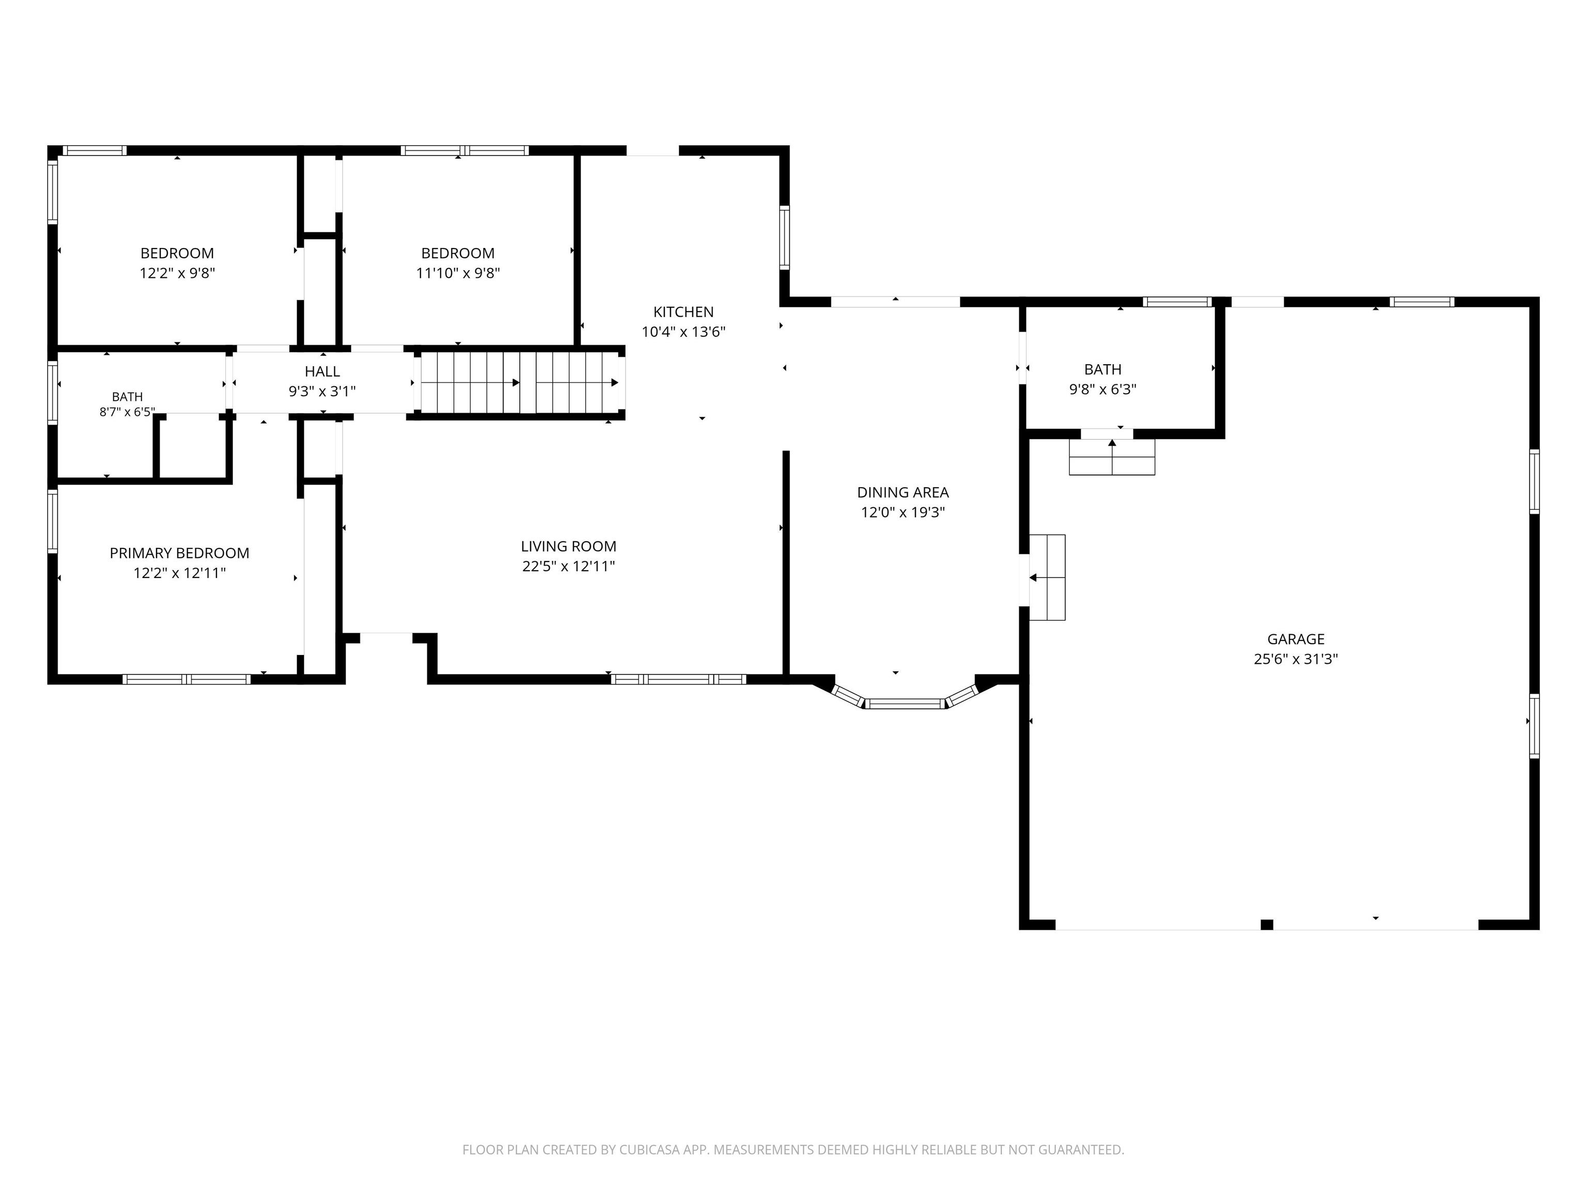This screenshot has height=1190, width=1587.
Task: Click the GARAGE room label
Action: click(1296, 639)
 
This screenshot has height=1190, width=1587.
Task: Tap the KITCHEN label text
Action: click(683, 312)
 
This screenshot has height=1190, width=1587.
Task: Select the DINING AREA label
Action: click(903, 493)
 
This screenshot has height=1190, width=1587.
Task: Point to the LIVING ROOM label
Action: click(568, 546)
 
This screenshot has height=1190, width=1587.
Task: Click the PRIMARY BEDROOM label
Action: click(179, 553)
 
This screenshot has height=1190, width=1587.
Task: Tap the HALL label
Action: click(322, 371)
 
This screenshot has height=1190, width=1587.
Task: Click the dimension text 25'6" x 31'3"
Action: click(1296, 659)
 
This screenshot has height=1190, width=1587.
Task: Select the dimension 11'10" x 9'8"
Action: click(458, 273)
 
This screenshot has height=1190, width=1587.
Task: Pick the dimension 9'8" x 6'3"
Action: click(1103, 389)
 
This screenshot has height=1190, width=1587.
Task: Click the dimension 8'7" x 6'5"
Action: click(127, 412)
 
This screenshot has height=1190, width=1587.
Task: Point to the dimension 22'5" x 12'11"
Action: click(568, 567)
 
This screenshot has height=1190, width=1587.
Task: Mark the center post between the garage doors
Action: click(1267, 925)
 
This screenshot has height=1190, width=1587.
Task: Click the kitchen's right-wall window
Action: click(784, 238)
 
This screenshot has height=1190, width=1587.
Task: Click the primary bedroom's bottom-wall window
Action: click(186, 679)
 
